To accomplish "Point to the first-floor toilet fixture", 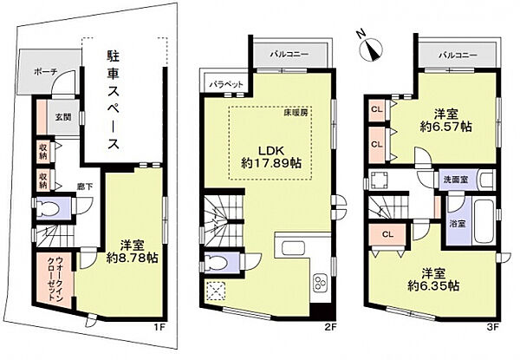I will tap(52, 209).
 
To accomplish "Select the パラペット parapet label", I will tap(226, 83).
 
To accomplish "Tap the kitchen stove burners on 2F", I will tap(319, 283).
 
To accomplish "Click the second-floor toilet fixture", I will tap(218, 262).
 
